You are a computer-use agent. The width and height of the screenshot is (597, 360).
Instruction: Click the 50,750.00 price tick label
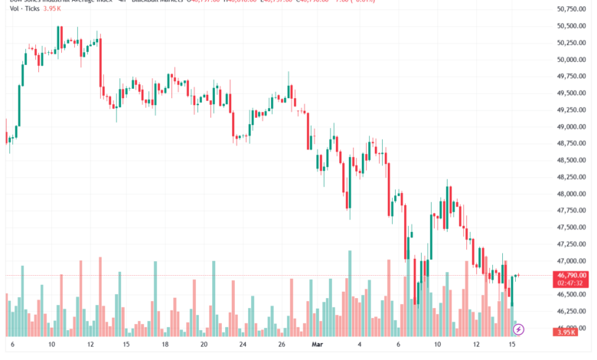(x=571, y=9)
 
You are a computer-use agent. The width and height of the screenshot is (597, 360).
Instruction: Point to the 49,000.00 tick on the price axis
(x=571, y=126)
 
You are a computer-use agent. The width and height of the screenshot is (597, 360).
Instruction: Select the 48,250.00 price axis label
(x=571, y=177)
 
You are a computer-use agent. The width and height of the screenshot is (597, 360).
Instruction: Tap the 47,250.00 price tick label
(x=571, y=244)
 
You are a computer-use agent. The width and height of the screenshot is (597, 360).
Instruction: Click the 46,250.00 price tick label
(x=571, y=311)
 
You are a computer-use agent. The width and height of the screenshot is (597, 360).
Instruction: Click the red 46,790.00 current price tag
(x=572, y=275)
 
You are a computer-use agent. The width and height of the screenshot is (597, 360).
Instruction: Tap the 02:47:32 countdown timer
(x=572, y=283)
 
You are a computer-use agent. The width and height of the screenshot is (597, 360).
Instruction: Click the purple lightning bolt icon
(x=519, y=329)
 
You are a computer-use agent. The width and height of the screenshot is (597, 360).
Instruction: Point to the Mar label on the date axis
(x=318, y=345)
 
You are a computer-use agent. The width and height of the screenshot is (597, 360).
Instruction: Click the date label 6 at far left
(x=12, y=345)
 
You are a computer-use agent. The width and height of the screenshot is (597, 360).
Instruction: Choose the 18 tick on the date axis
(x=165, y=345)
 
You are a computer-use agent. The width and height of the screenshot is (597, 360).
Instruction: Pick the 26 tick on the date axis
(x=282, y=345)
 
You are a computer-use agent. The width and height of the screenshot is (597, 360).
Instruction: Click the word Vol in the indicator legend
(x=15, y=8)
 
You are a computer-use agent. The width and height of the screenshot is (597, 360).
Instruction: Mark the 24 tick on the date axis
(x=242, y=345)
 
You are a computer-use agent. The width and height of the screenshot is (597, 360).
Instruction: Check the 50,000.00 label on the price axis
(x=571, y=59)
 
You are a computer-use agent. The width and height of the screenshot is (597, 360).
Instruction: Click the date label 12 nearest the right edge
(x=475, y=345)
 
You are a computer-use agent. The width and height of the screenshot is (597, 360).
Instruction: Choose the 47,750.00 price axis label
(x=571, y=211)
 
